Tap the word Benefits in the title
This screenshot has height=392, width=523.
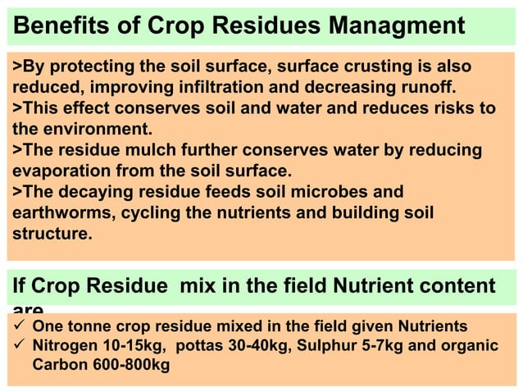point(52,25)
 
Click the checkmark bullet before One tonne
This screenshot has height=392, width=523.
point(19,326)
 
